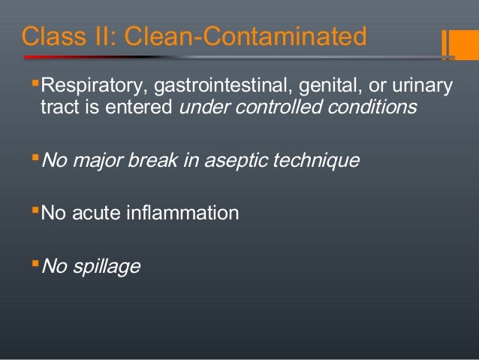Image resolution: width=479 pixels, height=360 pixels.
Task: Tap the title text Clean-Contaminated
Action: tap(245, 36)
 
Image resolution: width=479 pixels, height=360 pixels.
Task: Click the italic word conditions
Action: tap(375, 108)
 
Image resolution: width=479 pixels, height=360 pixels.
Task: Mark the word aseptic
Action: tap(243, 161)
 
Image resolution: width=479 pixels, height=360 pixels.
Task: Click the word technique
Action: tap(318, 161)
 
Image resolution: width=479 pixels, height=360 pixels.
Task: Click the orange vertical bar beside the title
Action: tap(444, 43)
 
